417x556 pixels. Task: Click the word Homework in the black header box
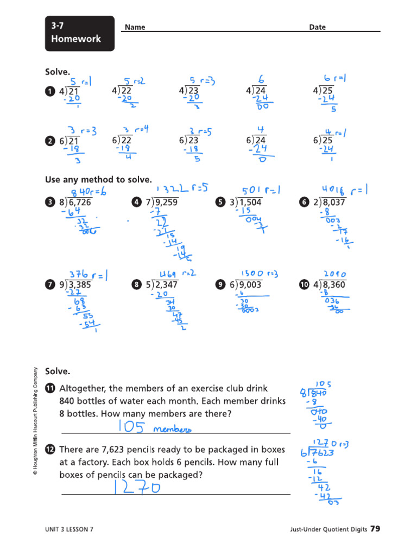(75, 39)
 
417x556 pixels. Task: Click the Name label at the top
(135, 27)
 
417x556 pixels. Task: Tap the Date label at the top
(318, 27)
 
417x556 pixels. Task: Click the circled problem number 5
(219, 203)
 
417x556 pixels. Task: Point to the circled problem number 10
(304, 285)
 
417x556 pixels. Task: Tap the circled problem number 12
(50, 450)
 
